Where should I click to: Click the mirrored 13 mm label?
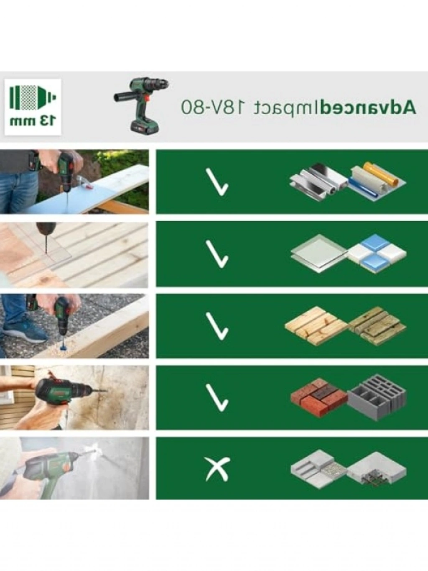point(33,121)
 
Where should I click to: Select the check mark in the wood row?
point(217,326)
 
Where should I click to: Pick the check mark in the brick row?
point(217,398)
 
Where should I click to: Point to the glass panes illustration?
point(319,253)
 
